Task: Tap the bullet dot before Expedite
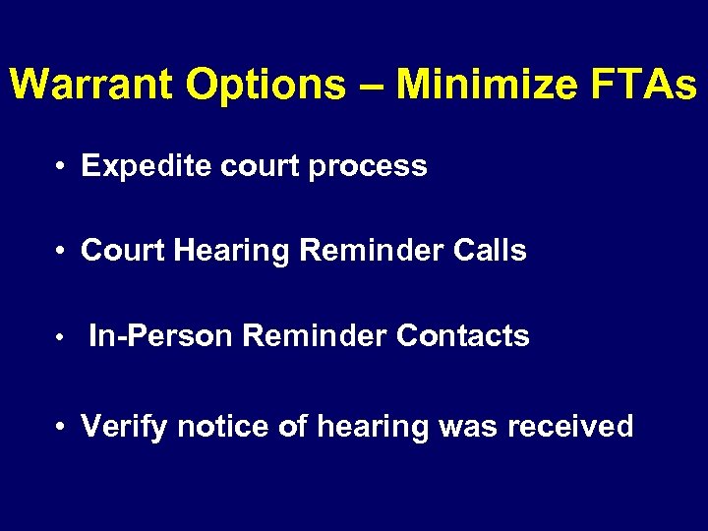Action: (x=62, y=167)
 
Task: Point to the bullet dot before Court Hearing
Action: (x=62, y=252)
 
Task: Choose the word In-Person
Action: (x=161, y=336)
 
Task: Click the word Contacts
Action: (x=463, y=336)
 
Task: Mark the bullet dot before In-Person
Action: (x=62, y=338)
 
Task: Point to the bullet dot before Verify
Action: (x=62, y=428)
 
